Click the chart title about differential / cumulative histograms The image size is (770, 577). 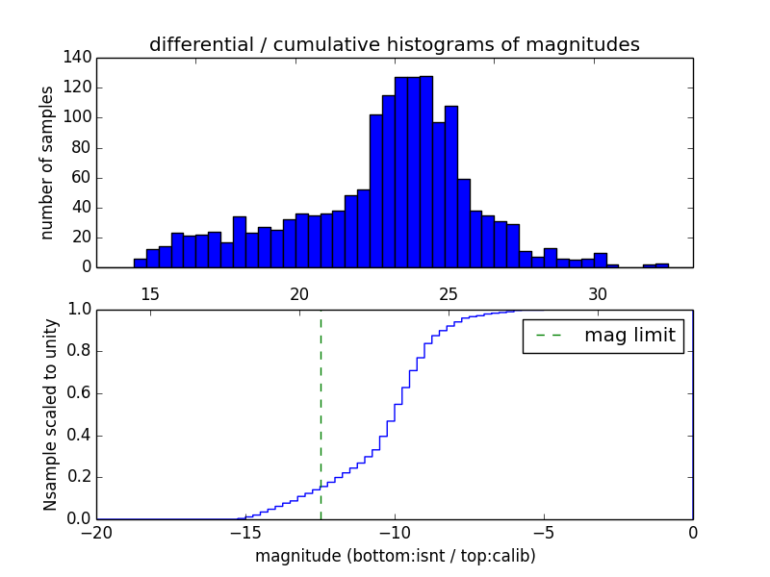[x=395, y=44]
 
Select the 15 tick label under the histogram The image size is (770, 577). [x=150, y=293]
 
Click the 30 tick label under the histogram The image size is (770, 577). [x=598, y=293]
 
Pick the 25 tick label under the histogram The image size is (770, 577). [x=449, y=293]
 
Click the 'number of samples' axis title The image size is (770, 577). [x=46, y=162]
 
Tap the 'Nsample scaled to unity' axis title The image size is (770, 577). [x=50, y=414]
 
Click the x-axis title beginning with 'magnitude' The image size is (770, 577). [x=395, y=556]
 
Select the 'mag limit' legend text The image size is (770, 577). [x=629, y=336]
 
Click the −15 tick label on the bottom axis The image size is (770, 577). [x=244, y=532]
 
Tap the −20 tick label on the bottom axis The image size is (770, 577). [x=95, y=532]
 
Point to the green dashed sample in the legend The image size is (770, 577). [x=550, y=336]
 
